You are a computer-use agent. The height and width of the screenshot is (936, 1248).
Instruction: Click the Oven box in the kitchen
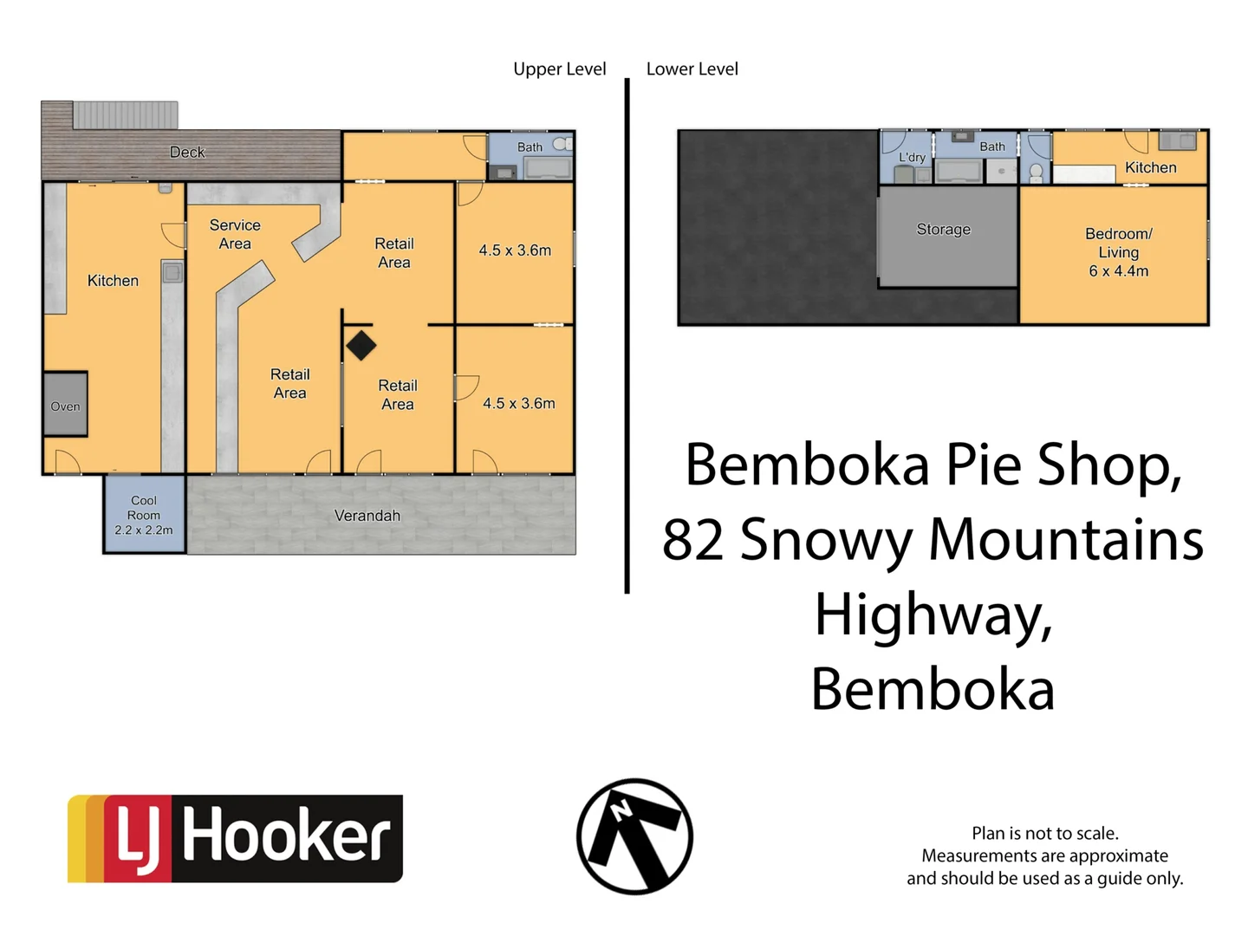click(65, 405)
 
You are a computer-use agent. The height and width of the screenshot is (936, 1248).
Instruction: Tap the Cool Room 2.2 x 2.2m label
click(144, 515)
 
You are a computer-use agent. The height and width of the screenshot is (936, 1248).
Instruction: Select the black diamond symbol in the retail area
click(361, 346)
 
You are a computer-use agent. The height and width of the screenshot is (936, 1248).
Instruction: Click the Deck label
click(187, 153)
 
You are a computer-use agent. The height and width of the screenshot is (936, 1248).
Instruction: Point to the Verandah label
click(367, 516)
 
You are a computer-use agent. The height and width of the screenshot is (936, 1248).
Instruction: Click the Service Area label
click(235, 234)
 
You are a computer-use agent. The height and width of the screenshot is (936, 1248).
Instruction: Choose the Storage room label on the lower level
click(944, 230)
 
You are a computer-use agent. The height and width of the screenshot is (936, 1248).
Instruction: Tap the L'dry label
click(912, 157)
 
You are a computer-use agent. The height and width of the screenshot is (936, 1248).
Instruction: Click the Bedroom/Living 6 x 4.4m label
click(1118, 252)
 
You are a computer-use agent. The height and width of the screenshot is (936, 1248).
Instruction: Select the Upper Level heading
click(559, 69)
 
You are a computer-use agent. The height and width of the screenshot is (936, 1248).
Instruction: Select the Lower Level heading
click(692, 69)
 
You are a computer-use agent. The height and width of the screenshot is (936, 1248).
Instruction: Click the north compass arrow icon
click(634, 836)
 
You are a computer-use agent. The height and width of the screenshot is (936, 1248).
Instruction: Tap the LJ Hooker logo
click(235, 838)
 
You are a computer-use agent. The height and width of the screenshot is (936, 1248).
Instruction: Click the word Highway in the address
click(933, 615)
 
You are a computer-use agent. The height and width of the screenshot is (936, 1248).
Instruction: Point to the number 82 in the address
click(692, 539)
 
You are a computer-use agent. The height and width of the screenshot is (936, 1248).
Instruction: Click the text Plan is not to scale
click(1044, 833)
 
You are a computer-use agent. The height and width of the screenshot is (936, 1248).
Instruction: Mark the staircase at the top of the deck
click(126, 114)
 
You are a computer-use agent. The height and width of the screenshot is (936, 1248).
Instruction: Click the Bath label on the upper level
click(530, 147)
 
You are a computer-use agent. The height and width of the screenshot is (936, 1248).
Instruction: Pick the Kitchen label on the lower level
click(1150, 168)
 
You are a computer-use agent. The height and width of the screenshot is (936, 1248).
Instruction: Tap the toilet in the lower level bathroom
click(1036, 172)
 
